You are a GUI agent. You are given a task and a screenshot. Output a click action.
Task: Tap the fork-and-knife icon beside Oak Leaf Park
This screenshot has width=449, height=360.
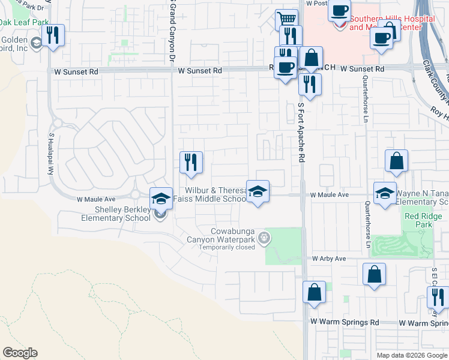pyautogui.click(x=54, y=35)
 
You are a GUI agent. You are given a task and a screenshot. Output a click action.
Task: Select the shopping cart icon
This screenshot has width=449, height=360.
pyautogui.click(x=287, y=19)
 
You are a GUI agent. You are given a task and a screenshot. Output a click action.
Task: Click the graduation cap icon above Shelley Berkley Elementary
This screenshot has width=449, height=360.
pyautogui.click(x=161, y=197)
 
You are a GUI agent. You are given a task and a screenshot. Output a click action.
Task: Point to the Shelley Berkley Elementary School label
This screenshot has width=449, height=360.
pyautogui.click(x=116, y=214)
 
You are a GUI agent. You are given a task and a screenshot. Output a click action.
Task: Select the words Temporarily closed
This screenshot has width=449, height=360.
pyautogui.click(x=228, y=247)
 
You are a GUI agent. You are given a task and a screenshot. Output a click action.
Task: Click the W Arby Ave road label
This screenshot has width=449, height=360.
pyautogui.click(x=329, y=259)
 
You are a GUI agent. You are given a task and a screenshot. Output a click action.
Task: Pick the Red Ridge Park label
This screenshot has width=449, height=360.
pyautogui.click(x=419, y=220)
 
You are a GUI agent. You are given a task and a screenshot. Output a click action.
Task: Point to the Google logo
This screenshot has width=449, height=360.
pyautogui.click(x=20, y=353)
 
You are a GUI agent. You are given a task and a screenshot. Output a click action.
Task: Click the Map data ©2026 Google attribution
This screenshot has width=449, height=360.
pyautogui.click(x=412, y=355)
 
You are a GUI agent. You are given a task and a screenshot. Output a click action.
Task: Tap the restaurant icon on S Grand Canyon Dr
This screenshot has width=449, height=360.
pyautogui.click(x=191, y=162)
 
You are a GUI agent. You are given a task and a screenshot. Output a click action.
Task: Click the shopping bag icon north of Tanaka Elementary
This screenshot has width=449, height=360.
pyautogui.click(x=397, y=161)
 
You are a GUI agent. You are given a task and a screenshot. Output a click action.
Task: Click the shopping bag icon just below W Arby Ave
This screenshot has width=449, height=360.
pyautogui.click(x=374, y=274)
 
